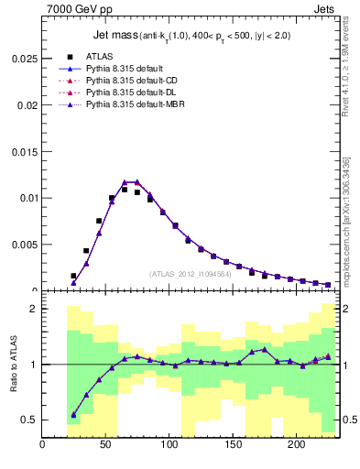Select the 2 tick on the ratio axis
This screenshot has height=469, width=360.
pos(34,310)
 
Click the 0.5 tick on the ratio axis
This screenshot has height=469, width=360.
pos(30,420)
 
